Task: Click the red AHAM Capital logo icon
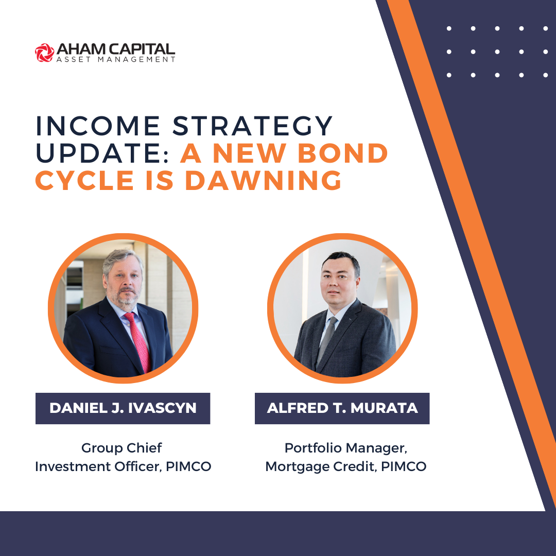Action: tap(45, 53)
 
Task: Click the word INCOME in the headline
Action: tap(98, 126)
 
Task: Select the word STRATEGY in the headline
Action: tap(252, 126)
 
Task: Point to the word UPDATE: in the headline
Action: tap(102, 153)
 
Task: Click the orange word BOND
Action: tap(342, 153)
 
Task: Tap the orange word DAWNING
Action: tap(263, 181)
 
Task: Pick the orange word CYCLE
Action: tap(85, 181)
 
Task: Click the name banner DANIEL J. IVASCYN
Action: tap(123, 408)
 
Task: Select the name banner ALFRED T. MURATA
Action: tap(342, 408)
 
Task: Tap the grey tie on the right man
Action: tap(326, 340)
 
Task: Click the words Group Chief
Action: tap(121, 448)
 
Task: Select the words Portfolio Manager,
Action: tap(346, 448)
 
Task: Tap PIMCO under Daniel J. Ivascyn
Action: tap(188, 466)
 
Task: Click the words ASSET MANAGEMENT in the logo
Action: tap(116, 59)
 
